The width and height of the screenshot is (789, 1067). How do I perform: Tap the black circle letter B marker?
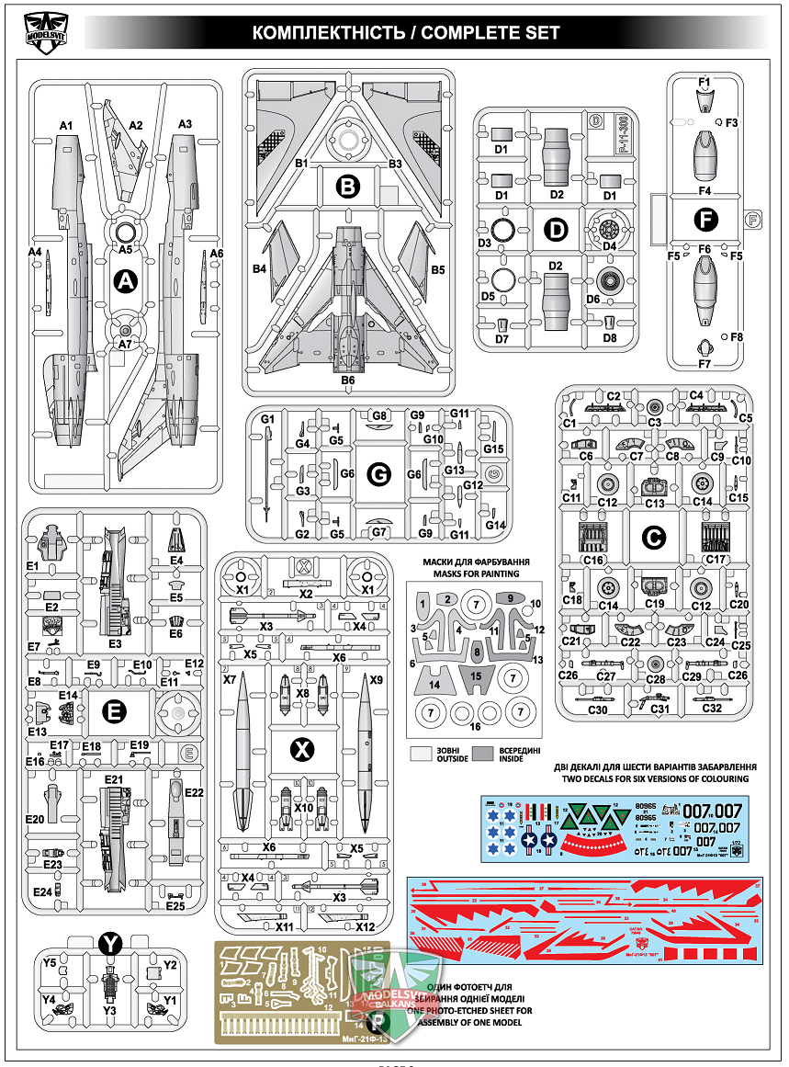(x=348, y=187)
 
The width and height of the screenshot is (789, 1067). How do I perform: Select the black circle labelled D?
(x=556, y=231)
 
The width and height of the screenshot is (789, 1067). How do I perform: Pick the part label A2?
(x=137, y=125)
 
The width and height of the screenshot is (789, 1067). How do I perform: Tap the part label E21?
(x=113, y=780)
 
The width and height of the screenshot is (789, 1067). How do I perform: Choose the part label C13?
(x=655, y=503)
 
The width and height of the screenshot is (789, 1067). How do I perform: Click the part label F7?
(x=704, y=365)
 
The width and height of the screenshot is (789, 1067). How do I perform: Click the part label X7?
(x=229, y=680)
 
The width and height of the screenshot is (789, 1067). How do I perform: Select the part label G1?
(x=268, y=420)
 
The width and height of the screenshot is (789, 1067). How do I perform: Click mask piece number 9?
(x=508, y=598)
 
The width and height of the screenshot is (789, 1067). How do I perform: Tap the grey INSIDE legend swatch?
(x=486, y=753)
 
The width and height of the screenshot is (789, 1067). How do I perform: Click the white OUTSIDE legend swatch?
(x=422, y=753)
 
